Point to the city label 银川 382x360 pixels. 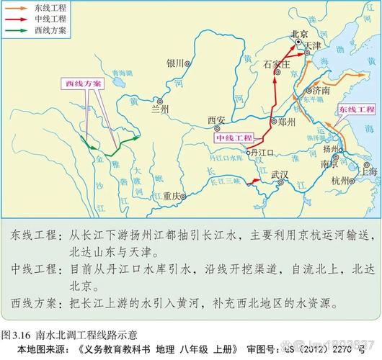point(176,63)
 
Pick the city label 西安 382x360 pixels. point(216,120)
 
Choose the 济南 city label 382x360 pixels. point(321,91)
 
